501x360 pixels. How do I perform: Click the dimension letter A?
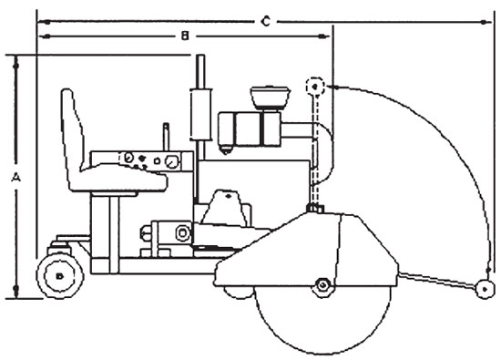click(15, 180)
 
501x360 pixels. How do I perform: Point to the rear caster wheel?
click(59, 273)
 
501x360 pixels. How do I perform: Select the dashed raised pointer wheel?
click(314, 87)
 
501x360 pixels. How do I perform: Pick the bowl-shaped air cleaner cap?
click(271, 96)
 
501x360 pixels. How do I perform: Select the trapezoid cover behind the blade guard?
click(225, 209)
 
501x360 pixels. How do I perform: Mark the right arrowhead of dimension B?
click(325, 36)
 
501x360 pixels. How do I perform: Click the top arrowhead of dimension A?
click(15, 60)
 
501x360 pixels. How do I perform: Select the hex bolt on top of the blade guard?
click(314, 211)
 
